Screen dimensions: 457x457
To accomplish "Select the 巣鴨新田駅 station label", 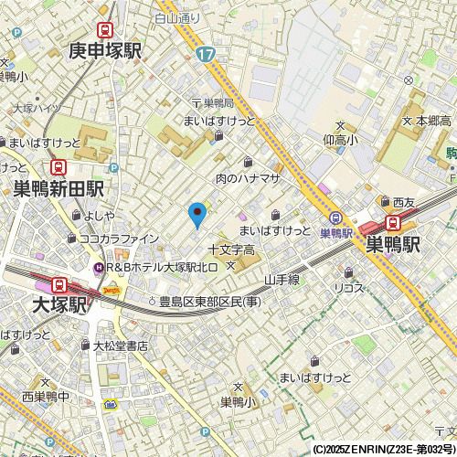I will (58, 189).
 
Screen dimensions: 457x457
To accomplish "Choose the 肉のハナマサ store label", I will (246, 178).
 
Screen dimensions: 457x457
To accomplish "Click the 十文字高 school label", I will (230, 250).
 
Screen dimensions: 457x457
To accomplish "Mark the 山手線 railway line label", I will (282, 279).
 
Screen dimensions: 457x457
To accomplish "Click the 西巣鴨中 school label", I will (46, 396).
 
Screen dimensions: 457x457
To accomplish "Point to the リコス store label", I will (348, 287).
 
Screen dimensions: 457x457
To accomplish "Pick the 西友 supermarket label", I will (404, 201).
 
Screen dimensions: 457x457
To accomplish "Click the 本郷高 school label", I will (433, 121).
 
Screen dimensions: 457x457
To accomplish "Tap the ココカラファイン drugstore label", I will (119, 239).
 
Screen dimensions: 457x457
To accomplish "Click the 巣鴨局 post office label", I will (219, 102).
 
